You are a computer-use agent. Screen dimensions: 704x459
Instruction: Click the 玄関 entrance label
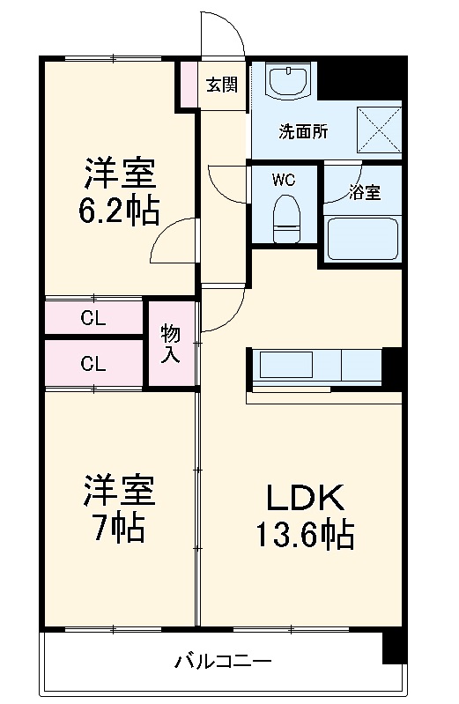pyautogui.click(x=221, y=85)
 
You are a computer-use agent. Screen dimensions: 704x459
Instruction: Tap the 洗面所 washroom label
pyautogui.click(x=303, y=132)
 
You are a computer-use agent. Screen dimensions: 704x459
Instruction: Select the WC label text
pyautogui.click(x=283, y=180)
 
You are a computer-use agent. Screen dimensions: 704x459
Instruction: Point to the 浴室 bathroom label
pyautogui.click(x=364, y=192)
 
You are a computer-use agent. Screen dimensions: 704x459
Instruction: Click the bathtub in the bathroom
pyautogui.click(x=362, y=237)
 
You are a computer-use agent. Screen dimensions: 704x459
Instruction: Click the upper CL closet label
pyautogui.click(x=93, y=319)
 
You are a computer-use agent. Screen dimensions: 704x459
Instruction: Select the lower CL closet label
pyautogui.click(x=93, y=363)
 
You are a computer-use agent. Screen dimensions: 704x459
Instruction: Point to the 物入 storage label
pyautogui.click(x=171, y=345)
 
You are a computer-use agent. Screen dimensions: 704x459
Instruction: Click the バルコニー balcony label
pyautogui.click(x=222, y=660)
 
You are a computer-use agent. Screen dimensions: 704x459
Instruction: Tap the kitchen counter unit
pyautogui.click(x=316, y=364)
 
